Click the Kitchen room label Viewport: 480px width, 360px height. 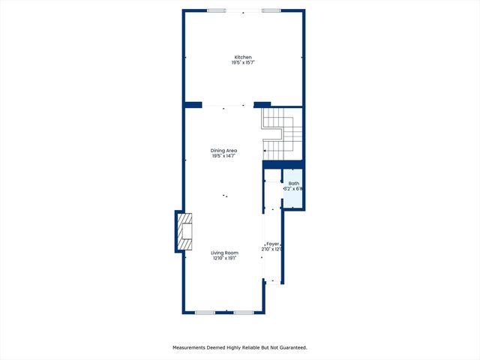242,57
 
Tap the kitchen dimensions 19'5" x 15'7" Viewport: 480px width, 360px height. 242,62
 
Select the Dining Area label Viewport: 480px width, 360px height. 223,151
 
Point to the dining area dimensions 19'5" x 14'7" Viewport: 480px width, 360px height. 223,156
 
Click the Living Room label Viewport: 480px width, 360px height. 223,253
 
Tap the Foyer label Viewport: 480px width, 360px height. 272,244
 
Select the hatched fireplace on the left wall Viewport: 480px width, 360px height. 184,233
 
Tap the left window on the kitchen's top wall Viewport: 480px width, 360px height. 217,10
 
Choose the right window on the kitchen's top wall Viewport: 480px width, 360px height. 271,10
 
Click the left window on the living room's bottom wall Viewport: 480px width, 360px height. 205,312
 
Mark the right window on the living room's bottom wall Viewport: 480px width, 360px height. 243,312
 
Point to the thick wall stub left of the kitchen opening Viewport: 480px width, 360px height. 193,104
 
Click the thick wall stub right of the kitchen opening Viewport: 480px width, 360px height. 262,104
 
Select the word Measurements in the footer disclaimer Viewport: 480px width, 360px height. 192,347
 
